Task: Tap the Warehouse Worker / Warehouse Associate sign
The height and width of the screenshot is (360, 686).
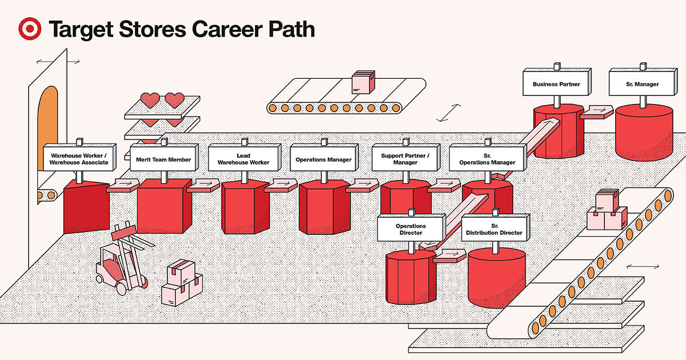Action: (79, 158)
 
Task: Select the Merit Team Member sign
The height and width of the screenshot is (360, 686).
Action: (163, 159)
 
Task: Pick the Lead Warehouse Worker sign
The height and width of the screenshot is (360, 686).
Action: (244, 159)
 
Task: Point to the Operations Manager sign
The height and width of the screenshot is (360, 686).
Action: (324, 159)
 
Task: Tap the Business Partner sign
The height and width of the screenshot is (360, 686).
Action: (556, 84)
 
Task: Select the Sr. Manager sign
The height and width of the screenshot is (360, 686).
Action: (642, 84)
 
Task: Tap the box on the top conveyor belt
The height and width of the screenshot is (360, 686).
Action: (362, 83)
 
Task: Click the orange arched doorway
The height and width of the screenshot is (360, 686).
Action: (47, 129)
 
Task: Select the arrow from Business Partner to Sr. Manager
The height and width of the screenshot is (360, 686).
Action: (597, 111)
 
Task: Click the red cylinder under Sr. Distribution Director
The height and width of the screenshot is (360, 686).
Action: (496, 277)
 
